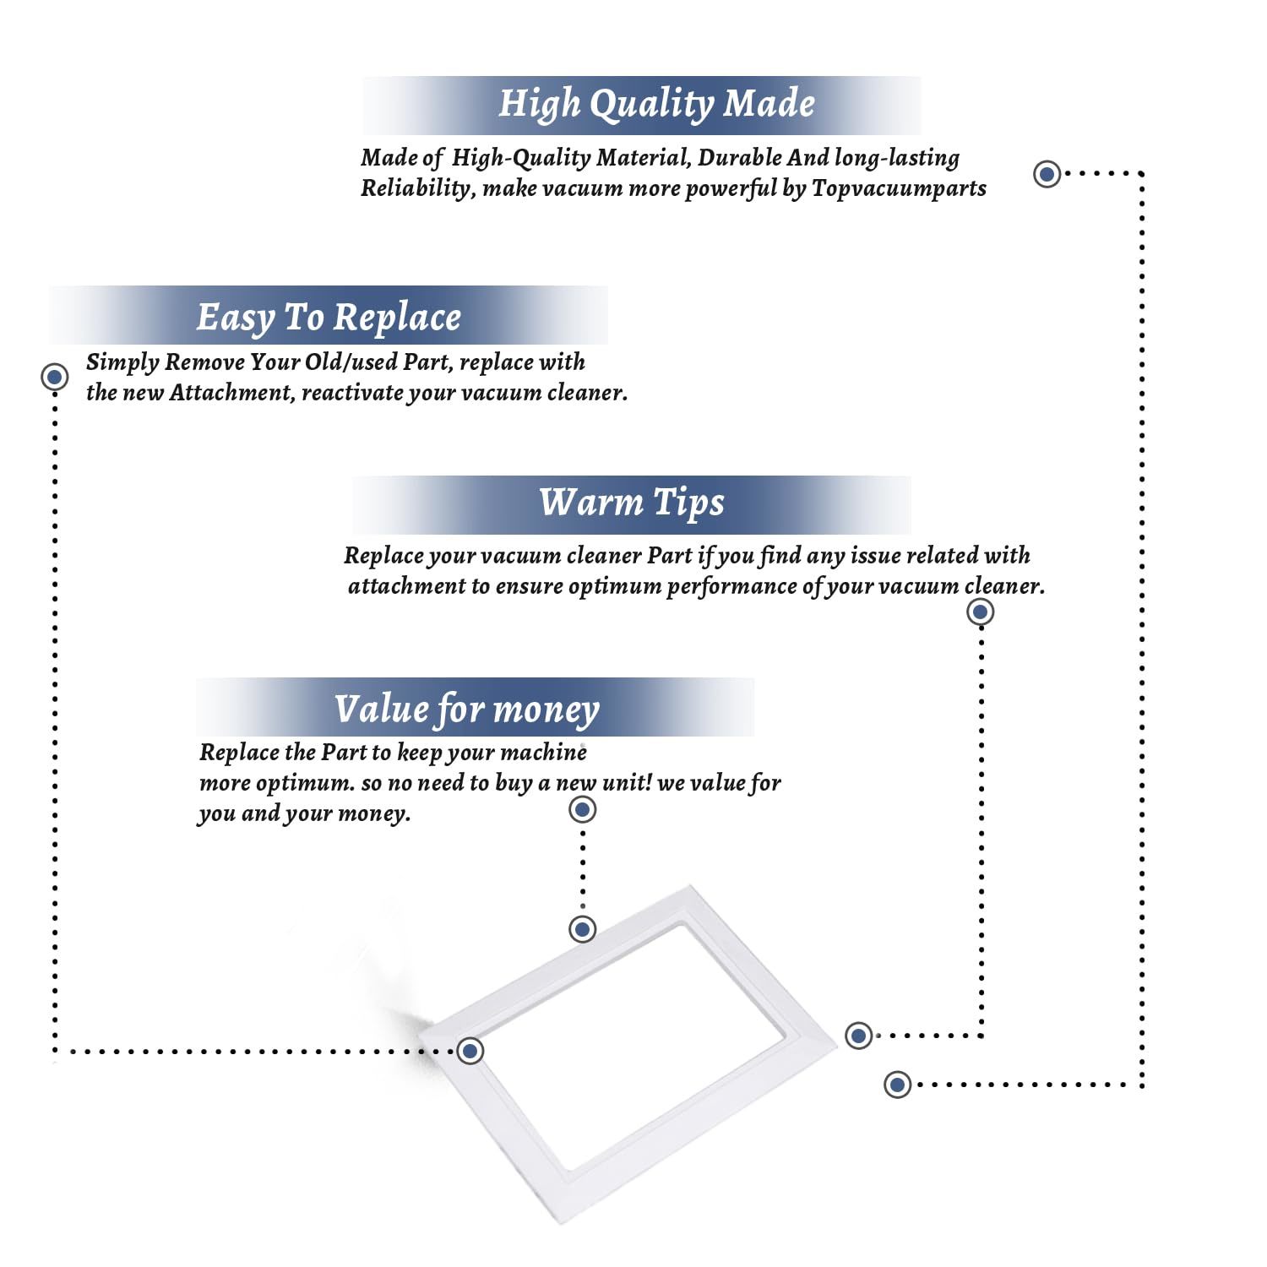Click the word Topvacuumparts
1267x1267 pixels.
point(899,188)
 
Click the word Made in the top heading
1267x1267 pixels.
point(769,103)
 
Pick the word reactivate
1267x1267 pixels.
point(352,394)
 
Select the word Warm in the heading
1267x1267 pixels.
point(591,502)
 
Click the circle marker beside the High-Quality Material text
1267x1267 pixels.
point(1047,174)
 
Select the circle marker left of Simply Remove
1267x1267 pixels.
point(55,377)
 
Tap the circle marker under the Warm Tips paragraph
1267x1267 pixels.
point(980,612)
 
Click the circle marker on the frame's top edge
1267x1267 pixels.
point(583,929)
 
